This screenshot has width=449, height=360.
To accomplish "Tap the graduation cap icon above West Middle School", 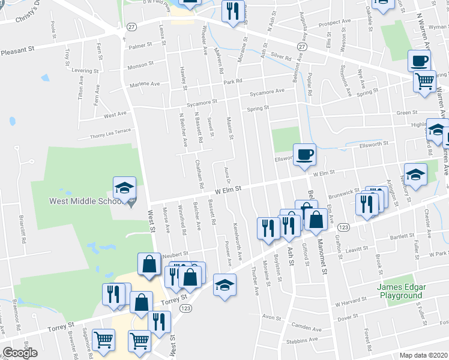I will click(x=125, y=188).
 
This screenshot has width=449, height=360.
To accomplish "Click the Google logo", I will click(x=19, y=353).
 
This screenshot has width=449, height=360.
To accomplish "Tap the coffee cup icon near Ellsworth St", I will click(x=304, y=154).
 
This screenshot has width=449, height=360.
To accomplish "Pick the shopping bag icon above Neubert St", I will click(x=148, y=263).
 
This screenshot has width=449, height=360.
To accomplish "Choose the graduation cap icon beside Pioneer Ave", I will click(x=224, y=284).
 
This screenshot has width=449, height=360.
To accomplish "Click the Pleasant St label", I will click(x=18, y=52).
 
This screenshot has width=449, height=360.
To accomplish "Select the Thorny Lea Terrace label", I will click(x=110, y=133).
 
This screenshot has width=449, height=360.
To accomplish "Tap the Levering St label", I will click(x=85, y=70).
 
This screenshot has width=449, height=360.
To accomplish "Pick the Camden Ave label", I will click(x=306, y=328).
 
